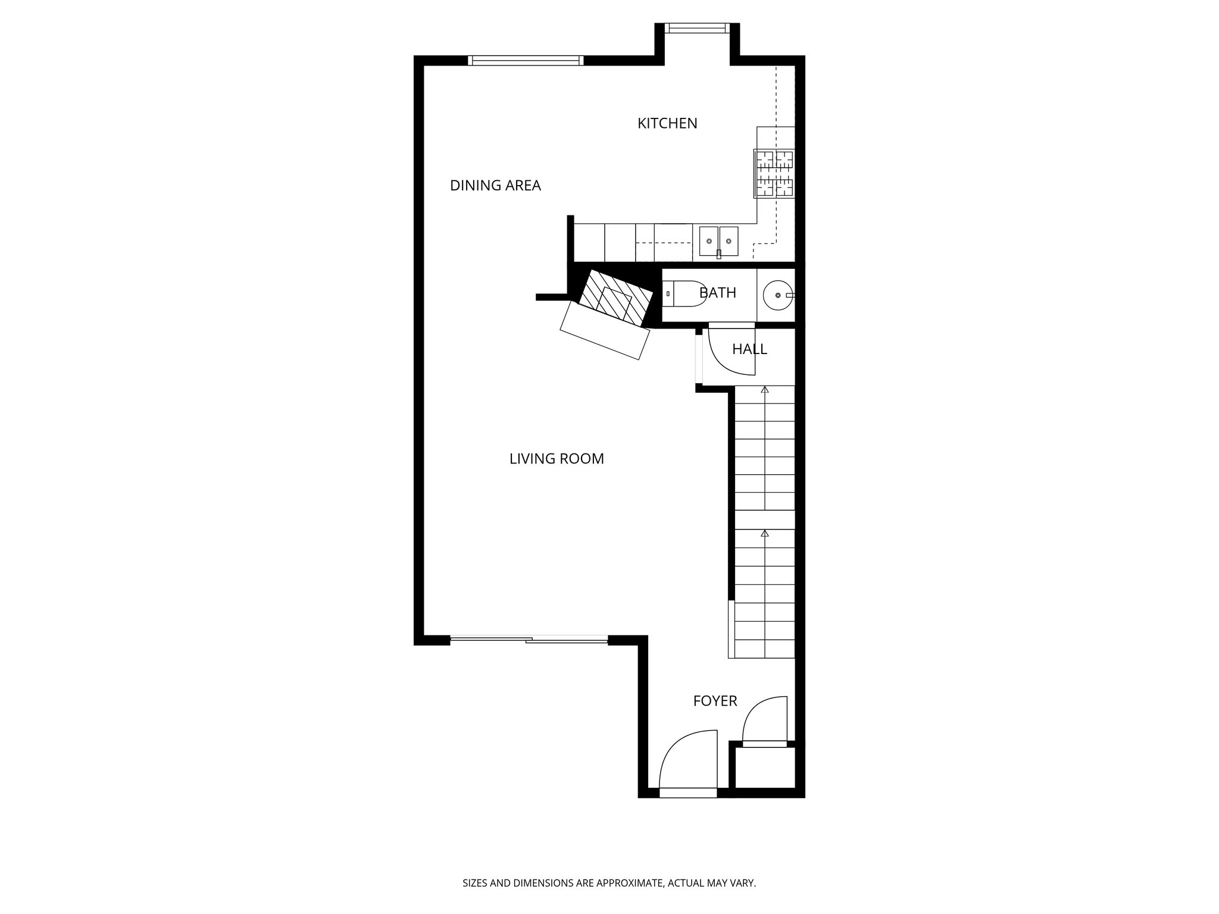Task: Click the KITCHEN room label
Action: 667,123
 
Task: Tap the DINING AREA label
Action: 495,186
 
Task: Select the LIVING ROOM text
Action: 557,459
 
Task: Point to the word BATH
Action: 718,293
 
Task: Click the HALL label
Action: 749,349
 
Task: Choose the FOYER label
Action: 715,701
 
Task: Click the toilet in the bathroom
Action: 684,293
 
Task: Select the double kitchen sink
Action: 718,241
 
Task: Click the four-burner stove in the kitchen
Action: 774,173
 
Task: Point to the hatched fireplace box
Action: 608,300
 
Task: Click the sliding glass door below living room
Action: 529,640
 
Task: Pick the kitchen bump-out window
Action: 696,28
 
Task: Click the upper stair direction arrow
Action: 765,390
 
